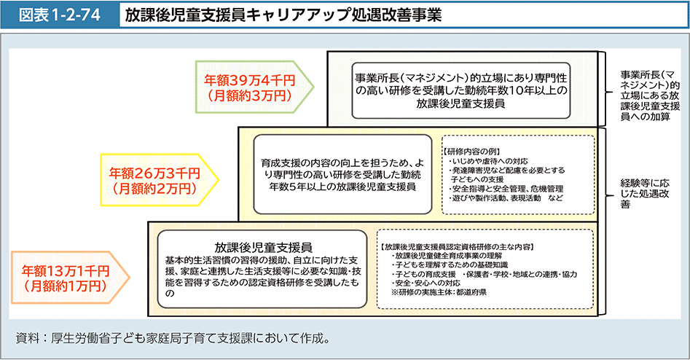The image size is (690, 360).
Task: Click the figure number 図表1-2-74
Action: tap(60, 15)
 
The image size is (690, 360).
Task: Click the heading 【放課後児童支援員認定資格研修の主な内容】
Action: tap(458, 246)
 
